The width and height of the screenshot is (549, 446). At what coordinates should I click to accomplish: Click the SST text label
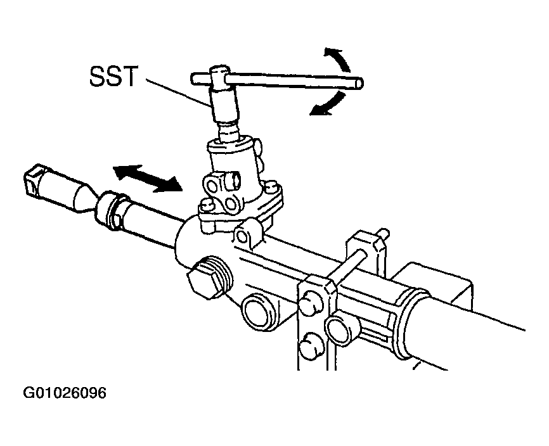[x=113, y=76]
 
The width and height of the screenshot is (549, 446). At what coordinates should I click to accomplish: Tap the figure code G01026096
[x=65, y=393]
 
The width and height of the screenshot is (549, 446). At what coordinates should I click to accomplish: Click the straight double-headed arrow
[x=148, y=178]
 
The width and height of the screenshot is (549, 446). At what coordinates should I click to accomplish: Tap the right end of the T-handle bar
[x=360, y=83]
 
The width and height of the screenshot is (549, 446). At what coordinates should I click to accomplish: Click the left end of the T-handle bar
[x=193, y=79]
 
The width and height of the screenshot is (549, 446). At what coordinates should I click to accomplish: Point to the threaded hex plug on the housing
[x=209, y=279]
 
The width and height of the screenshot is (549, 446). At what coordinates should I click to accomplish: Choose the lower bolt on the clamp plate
[x=311, y=345]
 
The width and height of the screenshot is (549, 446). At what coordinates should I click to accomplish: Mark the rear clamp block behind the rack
[x=366, y=250]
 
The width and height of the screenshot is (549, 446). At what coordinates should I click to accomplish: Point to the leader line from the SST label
[x=179, y=92]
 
